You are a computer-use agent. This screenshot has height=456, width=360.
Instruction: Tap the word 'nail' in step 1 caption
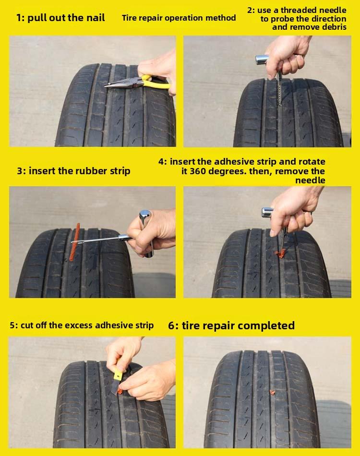click(x=95, y=18)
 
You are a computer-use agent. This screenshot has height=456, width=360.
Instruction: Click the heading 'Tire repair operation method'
click(x=179, y=18)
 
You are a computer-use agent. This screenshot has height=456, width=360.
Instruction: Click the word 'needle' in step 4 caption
click(x=310, y=180)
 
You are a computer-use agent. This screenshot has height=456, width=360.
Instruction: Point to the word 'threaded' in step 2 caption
click(x=291, y=10)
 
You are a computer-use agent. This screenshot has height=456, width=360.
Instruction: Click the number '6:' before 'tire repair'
click(x=173, y=325)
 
